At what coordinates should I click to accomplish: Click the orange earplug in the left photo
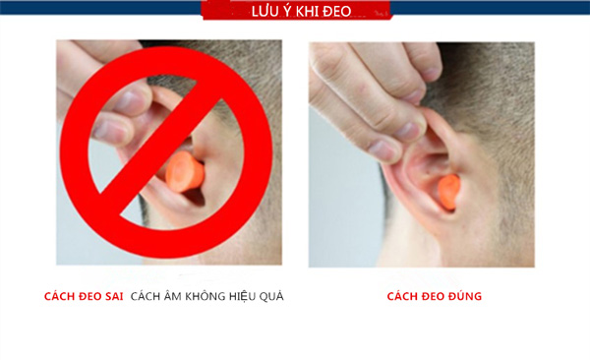[184, 173]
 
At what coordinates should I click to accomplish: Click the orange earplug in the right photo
[447, 190]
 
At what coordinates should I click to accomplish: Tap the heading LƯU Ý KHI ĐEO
[295, 12]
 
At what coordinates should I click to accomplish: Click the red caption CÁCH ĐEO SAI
[84, 296]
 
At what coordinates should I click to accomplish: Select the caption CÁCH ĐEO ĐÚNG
[434, 296]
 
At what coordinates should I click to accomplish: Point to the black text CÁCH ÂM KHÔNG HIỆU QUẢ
[206, 296]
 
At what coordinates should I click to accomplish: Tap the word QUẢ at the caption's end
[271, 296]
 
